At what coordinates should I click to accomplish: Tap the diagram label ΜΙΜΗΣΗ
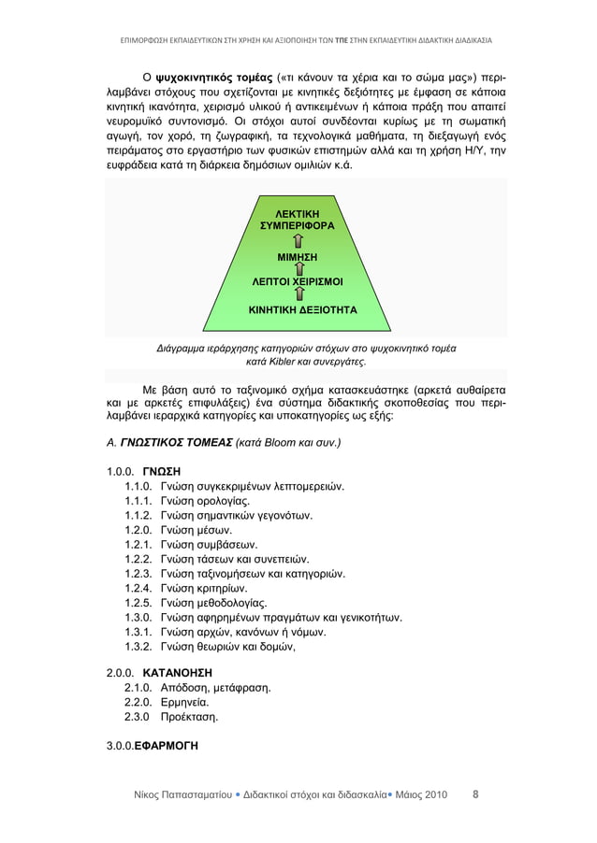click(x=298, y=256)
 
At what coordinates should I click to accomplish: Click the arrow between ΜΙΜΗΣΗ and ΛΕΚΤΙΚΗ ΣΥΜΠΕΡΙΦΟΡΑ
click(x=298, y=241)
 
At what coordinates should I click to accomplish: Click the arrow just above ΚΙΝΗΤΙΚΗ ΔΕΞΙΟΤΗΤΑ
click(x=298, y=293)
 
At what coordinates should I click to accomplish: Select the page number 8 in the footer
click(x=474, y=795)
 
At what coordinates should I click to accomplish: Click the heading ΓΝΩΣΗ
click(x=161, y=469)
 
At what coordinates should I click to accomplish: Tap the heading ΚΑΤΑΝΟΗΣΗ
click(x=179, y=672)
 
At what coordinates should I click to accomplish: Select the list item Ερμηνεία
click(x=184, y=703)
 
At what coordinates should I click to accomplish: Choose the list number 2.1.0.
click(x=138, y=688)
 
